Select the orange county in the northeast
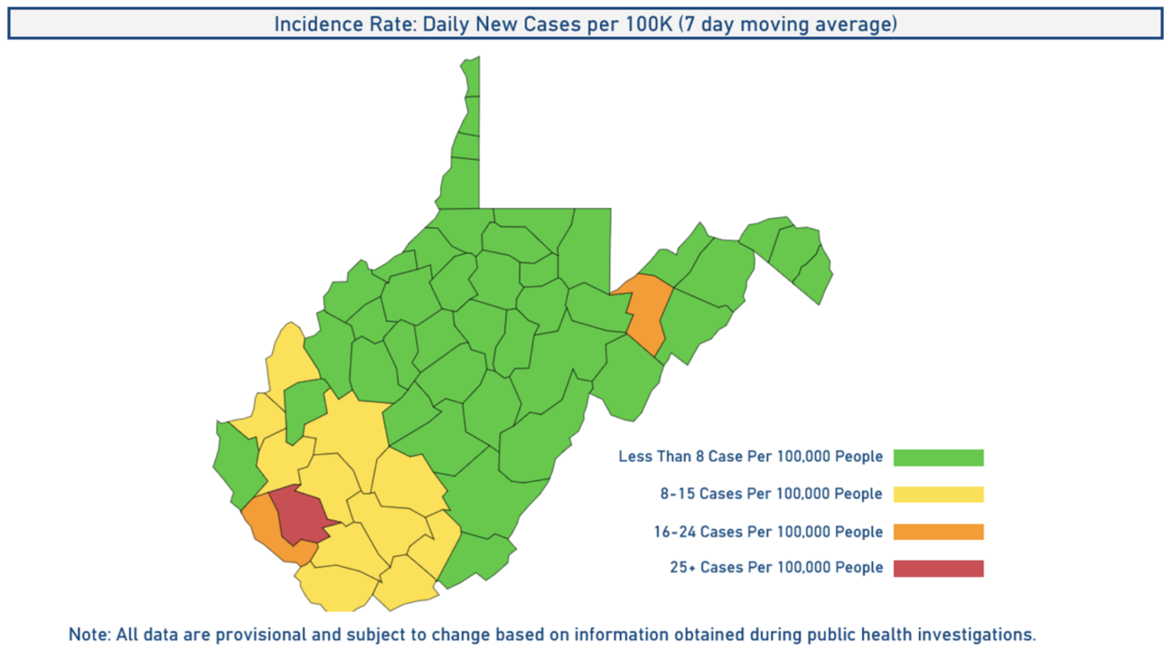648,311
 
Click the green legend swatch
938,457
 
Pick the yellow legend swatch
938,494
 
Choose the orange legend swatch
938,531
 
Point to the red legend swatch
938,568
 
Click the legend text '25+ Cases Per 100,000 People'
776,568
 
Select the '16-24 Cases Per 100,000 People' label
768,531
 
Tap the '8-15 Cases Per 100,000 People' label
771,494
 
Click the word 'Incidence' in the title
314,24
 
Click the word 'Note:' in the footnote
88,634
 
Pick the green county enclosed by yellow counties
304,408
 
